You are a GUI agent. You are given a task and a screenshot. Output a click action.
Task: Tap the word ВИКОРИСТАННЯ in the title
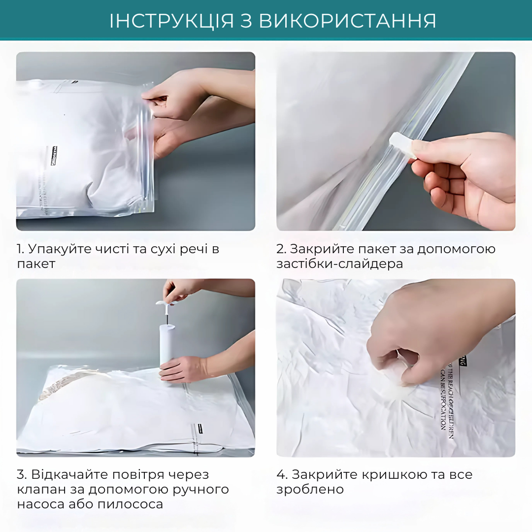(x=347, y=21)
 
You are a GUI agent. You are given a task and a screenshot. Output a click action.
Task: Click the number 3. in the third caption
(x=22, y=475)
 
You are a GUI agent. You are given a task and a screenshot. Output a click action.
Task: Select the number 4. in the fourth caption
(x=282, y=475)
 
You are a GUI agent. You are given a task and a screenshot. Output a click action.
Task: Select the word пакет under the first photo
(x=36, y=264)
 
